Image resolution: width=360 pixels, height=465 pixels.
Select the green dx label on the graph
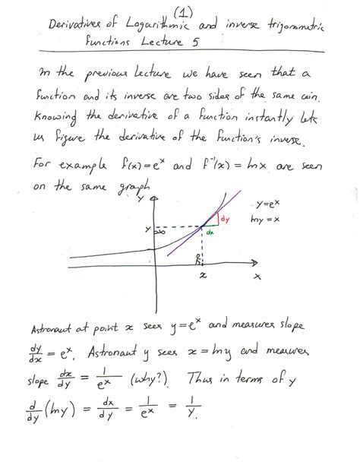point(210,233)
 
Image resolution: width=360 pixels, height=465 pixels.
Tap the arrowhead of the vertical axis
point(156,199)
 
